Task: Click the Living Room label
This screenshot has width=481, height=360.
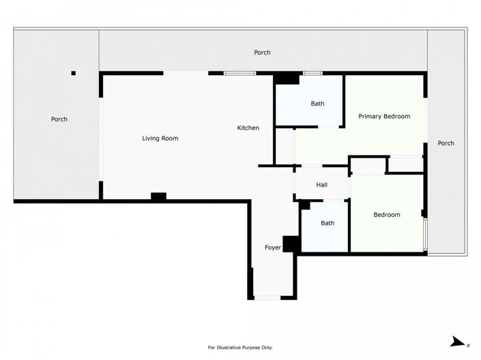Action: point(160,138)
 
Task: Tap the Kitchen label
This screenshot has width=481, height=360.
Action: point(248,128)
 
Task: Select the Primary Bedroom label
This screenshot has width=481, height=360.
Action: point(384,117)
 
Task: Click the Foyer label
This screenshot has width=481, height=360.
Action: point(273,247)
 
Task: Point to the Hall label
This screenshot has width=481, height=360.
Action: point(322,185)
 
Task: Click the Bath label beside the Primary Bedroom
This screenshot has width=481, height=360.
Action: point(317,104)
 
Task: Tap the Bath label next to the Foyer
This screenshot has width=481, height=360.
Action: point(327,223)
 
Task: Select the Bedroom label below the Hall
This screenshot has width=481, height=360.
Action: point(387,215)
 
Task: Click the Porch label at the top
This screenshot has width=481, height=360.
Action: point(262,52)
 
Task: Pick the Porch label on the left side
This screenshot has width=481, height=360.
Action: point(59,119)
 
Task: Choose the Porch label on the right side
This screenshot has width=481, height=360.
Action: point(446,143)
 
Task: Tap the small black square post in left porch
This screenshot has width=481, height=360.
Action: point(74,73)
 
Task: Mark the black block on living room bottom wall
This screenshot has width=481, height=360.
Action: point(158,197)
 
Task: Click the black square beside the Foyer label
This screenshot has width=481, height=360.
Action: point(291,244)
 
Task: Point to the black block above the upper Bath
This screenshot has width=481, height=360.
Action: point(287,79)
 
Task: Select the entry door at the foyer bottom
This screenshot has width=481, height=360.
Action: point(266,297)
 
